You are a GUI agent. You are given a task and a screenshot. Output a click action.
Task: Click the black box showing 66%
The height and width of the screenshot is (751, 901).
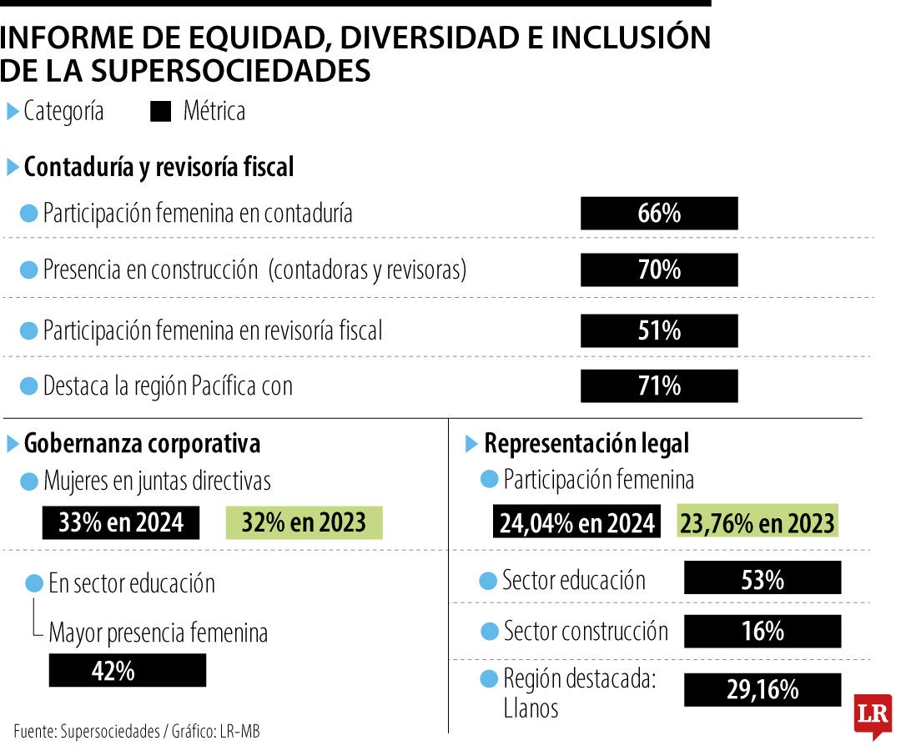[659, 214]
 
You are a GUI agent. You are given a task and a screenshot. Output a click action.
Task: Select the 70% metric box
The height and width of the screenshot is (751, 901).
[659, 270]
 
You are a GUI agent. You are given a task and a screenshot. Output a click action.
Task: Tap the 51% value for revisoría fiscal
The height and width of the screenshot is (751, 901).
[659, 330]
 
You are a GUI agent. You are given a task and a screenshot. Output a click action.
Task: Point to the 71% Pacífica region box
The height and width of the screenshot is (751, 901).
[659, 386]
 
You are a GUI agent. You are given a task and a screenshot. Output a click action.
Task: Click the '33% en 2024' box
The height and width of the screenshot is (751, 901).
[121, 522]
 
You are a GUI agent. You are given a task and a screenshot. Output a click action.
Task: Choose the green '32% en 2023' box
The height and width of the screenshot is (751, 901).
[304, 522]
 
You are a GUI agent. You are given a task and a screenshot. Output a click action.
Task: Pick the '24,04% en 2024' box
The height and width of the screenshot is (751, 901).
[577, 522]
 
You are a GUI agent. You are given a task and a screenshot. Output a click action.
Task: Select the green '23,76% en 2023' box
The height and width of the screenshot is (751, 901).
[758, 522]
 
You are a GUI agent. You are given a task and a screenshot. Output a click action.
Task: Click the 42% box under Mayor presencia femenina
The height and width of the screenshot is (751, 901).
[128, 671]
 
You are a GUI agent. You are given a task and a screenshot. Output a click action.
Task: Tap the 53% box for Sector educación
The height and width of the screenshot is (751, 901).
[763, 578]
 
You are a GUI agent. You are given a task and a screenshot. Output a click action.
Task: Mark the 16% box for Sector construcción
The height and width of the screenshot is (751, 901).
[763, 632]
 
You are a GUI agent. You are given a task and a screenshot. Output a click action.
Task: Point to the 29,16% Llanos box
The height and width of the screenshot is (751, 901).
[763, 689]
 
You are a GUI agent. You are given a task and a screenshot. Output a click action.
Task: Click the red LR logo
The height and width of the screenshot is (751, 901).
[872, 716]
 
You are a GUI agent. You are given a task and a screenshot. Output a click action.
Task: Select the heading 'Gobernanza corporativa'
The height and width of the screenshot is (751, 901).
[142, 444]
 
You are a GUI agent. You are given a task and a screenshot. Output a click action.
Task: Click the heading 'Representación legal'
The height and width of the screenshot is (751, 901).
[586, 444]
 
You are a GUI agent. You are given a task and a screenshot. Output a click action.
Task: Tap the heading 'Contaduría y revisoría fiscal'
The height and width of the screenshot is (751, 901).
[159, 167]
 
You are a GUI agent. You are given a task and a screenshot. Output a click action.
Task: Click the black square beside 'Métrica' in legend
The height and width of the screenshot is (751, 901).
[160, 112]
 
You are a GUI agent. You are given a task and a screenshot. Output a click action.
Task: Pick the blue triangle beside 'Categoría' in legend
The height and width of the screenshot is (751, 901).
[13, 112]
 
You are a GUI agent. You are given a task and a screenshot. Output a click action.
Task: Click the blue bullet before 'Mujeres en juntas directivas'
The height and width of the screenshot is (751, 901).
[29, 481]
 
